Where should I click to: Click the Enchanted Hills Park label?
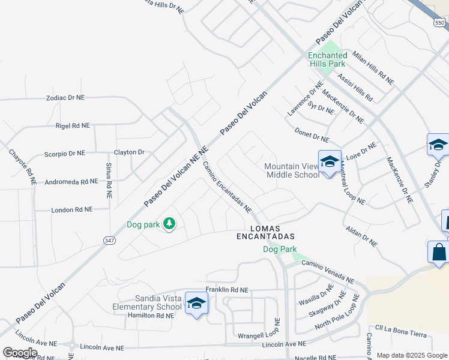327,59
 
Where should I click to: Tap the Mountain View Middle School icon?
330,162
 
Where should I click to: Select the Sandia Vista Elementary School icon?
196,304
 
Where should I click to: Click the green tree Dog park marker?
170,224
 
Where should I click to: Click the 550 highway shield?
440,22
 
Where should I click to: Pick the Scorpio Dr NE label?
65,154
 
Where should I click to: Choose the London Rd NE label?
72,209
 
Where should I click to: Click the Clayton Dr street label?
129,152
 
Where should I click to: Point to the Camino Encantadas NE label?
226,187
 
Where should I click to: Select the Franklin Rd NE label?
226,290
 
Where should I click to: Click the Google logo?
20,353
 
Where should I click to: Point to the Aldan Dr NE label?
362,237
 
